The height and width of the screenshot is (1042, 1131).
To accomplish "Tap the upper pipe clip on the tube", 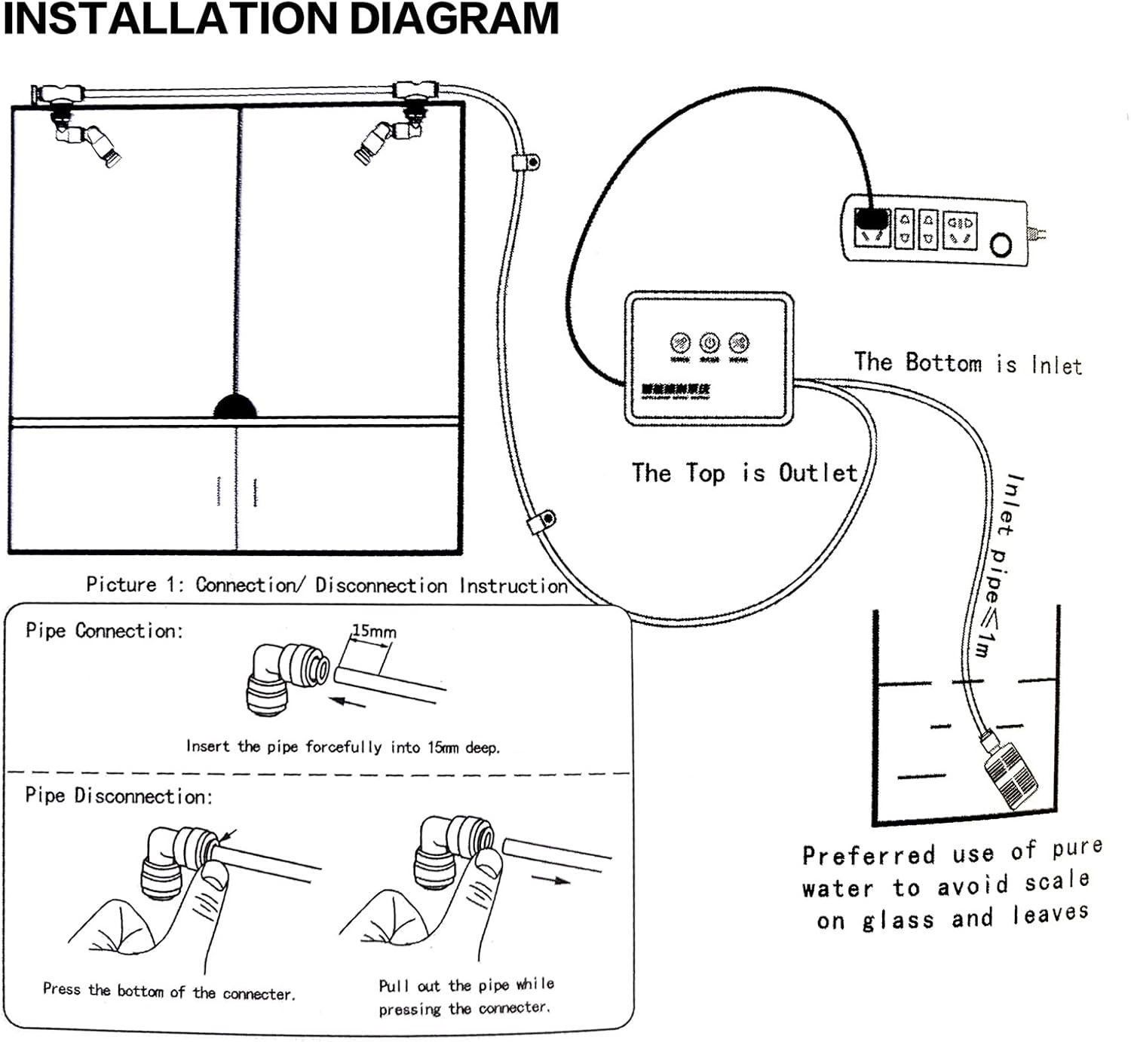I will click(526, 162).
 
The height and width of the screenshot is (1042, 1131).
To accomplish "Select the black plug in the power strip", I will click(872, 219).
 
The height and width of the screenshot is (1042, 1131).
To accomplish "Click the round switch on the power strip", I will click(1001, 246).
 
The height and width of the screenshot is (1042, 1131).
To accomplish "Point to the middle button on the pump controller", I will click(710, 344).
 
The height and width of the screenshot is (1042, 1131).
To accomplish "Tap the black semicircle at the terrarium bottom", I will click(235, 407).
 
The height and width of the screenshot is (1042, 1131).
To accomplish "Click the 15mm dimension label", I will click(374, 631).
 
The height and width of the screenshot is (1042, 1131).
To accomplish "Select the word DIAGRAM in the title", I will click(455, 19).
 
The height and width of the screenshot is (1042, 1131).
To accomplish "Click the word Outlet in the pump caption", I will click(818, 473).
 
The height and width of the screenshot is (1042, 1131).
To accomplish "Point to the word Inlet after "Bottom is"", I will click(1056, 366).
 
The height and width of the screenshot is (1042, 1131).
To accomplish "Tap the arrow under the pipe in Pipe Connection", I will click(349, 703).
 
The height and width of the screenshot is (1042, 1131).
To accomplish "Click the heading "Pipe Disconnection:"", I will click(119, 796).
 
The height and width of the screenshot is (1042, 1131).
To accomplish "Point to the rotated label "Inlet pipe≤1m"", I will click(998, 565).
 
